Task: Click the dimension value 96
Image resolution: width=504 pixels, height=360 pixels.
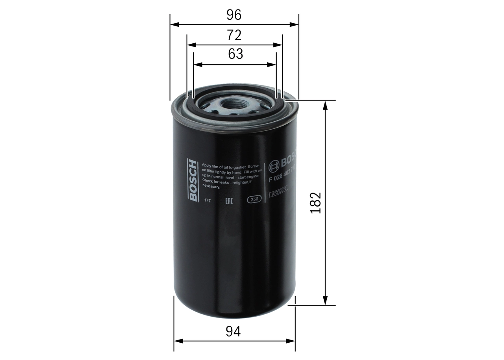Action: click(x=234, y=15)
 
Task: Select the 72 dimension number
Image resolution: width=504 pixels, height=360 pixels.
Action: click(x=234, y=35)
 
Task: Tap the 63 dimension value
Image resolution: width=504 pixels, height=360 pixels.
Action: click(x=235, y=54)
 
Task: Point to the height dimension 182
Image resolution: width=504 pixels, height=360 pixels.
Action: click(x=316, y=203)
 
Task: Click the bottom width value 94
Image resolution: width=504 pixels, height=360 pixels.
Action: click(x=233, y=331)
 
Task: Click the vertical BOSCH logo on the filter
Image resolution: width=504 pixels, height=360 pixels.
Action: click(x=193, y=180)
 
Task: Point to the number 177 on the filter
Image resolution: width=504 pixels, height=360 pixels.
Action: click(x=208, y=201)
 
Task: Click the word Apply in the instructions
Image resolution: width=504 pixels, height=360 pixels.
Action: click(x=208, y=166)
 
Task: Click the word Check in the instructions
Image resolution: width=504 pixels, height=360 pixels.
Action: click(x=208, y=181)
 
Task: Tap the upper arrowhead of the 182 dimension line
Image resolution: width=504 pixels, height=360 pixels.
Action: click(x=325, y=105)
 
